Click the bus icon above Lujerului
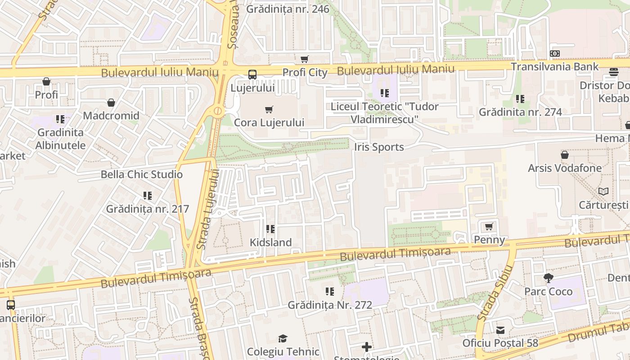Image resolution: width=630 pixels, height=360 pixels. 252,75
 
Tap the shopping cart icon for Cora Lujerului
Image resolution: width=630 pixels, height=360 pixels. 269,109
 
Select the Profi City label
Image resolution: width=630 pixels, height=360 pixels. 305,72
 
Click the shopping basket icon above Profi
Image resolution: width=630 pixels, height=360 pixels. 46,81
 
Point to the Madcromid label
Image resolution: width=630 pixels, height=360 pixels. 111,116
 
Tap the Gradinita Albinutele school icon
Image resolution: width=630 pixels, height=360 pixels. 60,119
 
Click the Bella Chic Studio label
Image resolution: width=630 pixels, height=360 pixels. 142,175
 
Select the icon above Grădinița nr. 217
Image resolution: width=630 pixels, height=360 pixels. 148,196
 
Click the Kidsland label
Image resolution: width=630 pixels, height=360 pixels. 271,242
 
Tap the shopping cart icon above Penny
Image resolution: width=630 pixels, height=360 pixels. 489,226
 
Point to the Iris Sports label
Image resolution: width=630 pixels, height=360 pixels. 379,147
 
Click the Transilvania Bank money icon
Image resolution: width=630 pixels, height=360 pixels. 555,54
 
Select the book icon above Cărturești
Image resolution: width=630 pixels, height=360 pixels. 603,192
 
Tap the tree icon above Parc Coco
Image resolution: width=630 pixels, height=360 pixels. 548,278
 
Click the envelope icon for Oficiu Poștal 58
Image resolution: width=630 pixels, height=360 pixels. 500,330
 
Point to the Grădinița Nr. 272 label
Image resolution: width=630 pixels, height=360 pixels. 330,305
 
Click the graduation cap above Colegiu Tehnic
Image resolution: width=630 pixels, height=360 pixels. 283,338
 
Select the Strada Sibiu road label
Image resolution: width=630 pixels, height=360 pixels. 495,292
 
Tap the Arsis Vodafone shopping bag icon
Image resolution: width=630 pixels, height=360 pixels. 564,155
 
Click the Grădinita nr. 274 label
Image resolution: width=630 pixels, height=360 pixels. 520,112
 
